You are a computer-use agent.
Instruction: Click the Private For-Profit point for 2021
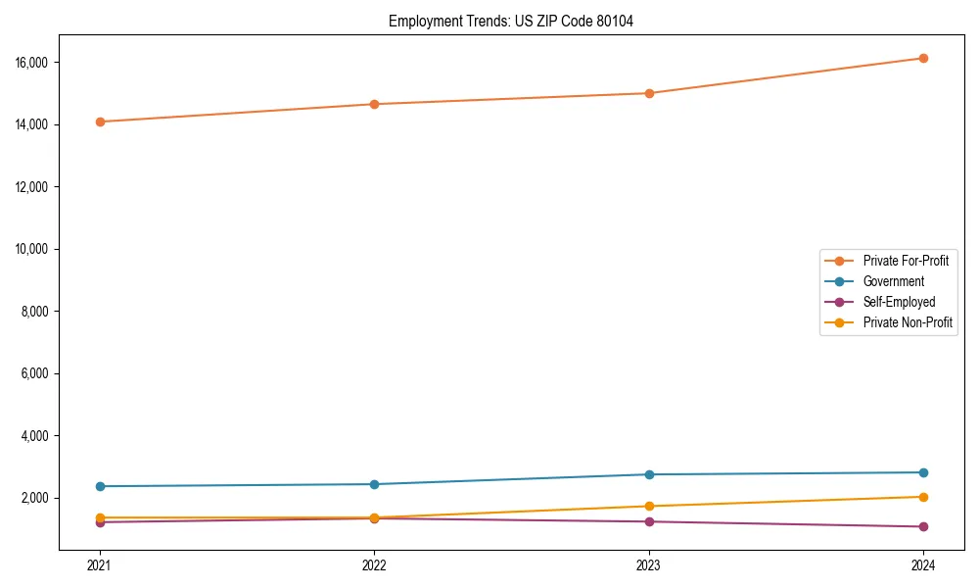coord(100,122)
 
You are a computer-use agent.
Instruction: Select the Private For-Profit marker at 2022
coord(374,104)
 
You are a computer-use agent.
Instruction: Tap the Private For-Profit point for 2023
coord(649,93)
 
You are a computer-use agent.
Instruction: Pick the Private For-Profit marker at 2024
coord(923,58)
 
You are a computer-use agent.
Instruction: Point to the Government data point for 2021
coord(100,486)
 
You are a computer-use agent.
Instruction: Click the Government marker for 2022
coord(374,484)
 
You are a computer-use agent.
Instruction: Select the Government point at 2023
coord(649,474)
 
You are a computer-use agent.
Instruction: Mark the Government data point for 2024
coord(923,472)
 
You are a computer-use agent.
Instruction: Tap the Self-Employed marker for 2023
coord(649,521)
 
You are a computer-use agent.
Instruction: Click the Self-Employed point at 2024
coord(923,526)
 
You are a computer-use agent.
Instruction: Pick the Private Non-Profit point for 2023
coord(649,506)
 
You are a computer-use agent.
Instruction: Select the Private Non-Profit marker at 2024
coord(923,497)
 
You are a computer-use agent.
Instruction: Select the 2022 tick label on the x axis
coord(374,564)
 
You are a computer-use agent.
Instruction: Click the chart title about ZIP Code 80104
coord(511,21)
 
